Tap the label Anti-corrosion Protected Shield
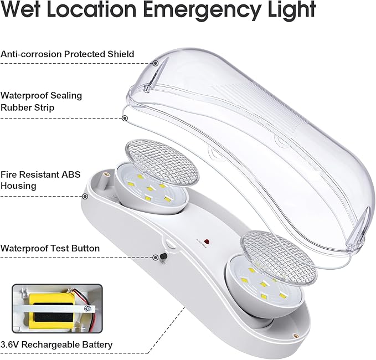click(x=68, y=54)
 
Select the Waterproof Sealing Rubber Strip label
click(x=41, y=101)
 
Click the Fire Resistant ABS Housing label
click(x=40, y=180)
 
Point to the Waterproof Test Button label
click(x=50, y=248)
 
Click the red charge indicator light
click(x=206, y=241)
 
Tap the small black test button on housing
click(x=164, y=256)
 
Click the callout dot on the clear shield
click(x=156, y=63)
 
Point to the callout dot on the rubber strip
click(x=126, y=118)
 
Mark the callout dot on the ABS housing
click(x=85, y=196)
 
